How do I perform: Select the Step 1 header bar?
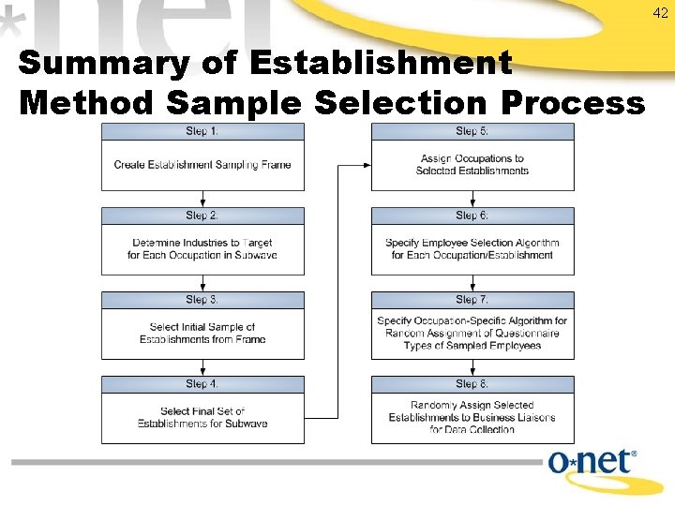[x=202, y=131]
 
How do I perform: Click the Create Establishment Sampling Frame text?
[x=202, y=165]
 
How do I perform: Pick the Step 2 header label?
[x=202, y=216]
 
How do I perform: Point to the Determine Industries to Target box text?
[x=202, y=249]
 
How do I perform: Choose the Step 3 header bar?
[x=202, y=300]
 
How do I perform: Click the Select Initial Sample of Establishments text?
[x=202, y=334]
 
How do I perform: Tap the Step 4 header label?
[x=202, y=384]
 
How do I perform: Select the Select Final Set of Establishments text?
[x=202, y=418]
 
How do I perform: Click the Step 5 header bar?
[x=472, y=131]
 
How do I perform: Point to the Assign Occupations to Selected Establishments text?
[x=472, y=165]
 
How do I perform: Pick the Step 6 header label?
[x=472, y=216]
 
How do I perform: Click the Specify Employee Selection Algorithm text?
[x=472, y=249]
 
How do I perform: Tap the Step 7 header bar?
[x=472, y=300]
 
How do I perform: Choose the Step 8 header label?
[x=472, y=384]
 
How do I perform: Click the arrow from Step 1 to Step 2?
[x=202, y=199]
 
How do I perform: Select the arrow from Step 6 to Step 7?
[x=472, y=283]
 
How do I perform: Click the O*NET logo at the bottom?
[x=592, y=464]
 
